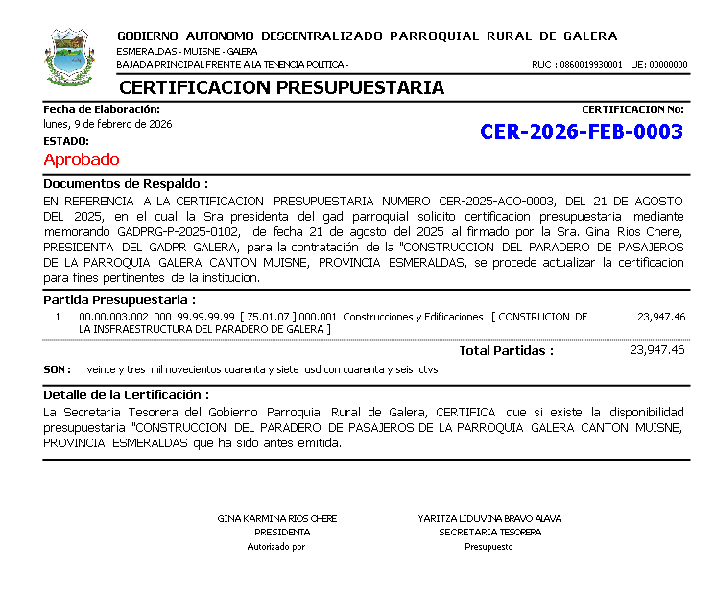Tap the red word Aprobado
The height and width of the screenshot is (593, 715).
coord(82,159)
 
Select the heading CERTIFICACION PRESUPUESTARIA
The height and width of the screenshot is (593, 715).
coord(281,88)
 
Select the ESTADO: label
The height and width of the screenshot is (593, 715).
coord(66,141)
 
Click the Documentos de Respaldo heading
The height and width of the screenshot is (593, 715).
coord(126,183)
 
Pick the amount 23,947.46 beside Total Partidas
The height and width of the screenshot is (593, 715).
coord(656,350)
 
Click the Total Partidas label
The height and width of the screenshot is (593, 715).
coord(506,350)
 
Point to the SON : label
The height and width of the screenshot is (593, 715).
coord(58,368)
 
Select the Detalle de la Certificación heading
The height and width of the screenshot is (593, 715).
coord(127,394)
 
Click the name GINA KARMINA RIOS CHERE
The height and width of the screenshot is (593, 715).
coord(278,518)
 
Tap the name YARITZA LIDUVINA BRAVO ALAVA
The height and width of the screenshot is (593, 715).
coord(489,518)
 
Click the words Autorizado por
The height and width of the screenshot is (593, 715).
coord(276,547)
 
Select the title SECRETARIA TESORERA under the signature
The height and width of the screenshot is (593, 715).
coord(489,532)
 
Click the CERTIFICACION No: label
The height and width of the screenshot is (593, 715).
coord(632,109)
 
